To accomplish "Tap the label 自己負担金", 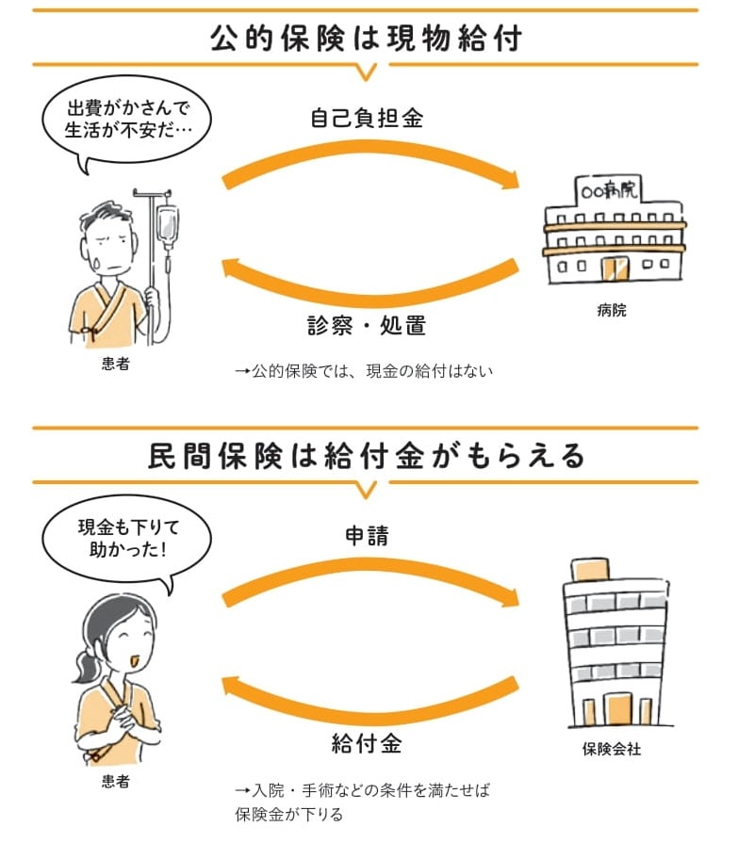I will coord(367,119).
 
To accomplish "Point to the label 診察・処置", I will coord(367,326).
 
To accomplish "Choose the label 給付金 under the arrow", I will coord(367,744).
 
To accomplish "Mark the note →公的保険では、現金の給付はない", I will coord(363,371).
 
